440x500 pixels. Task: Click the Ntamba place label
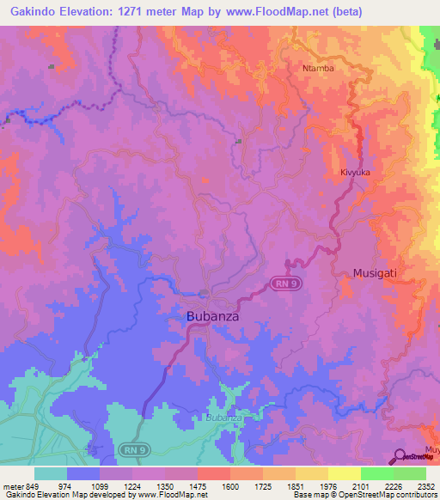318,68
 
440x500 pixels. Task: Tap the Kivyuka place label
355,172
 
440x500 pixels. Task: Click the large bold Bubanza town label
212,316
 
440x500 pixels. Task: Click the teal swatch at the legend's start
50,473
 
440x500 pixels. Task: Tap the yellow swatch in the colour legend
344,473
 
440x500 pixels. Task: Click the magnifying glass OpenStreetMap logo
399,456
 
